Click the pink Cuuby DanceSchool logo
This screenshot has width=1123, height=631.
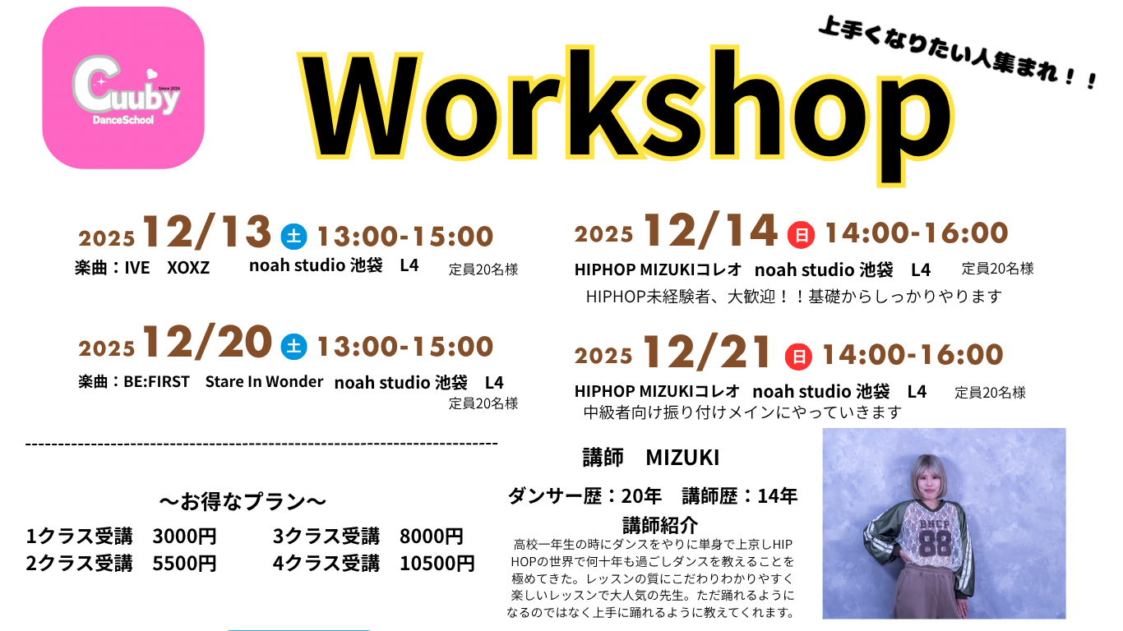[x=123, y=88]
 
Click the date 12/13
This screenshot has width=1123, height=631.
[x=207, y=232]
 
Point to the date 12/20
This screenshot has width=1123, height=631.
[x=207, y=342]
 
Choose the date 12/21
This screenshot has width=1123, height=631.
[x=707, y=352]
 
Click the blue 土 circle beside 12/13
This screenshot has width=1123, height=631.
[x=293, y=236]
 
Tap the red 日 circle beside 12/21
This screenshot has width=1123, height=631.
[x=798, y=357]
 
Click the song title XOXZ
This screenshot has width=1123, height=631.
[x=188, y=268]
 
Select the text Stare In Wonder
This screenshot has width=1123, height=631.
[x=264, y=381]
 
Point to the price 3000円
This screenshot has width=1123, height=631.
[x=184, y=537]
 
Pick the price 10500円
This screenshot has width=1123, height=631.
[x=437, y=564]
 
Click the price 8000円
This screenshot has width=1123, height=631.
[x=431, y=537]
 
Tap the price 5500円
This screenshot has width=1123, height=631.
[x=184, y=564]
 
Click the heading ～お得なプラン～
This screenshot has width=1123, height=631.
[x=243, y=501]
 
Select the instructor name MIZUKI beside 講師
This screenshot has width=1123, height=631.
[x=682, y=458]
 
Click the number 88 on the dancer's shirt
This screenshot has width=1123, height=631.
[x=935, y=543]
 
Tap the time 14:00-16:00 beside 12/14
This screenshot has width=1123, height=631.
[x=916, y=233]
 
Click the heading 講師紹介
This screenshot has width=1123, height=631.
[x=660, y=525]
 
